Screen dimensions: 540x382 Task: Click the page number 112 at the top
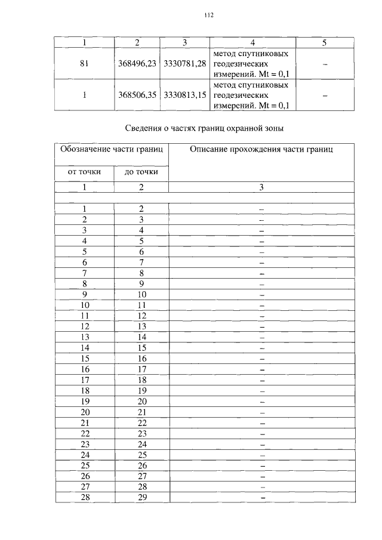[208, 16]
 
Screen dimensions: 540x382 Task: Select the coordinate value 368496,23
[137, 64]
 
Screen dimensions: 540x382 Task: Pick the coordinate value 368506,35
[137, 95]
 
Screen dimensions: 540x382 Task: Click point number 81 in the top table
[84, 64]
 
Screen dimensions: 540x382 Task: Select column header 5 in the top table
[324, 42]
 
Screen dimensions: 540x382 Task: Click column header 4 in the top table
[253, 42]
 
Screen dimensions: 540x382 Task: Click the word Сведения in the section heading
[146, 128]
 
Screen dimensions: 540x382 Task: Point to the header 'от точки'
[84, 172]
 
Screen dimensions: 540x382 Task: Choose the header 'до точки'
[141, 172]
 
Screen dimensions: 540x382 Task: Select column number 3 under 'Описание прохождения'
[261, 187]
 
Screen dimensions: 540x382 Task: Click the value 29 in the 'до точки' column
[141, 498]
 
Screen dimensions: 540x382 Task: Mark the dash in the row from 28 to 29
[261, 498]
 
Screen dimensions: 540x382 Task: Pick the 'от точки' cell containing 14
[85, 347]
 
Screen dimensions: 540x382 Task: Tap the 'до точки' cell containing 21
[141, 412]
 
